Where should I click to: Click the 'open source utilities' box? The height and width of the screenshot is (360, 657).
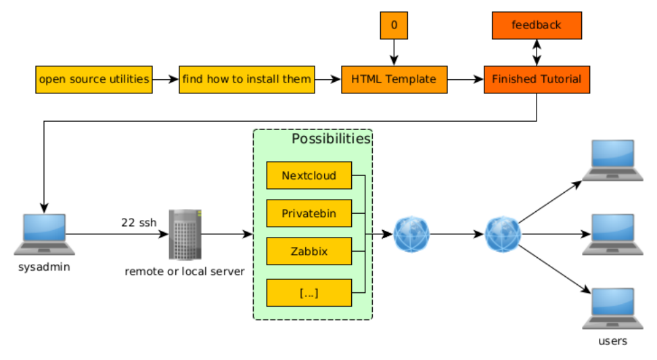click(94, 80)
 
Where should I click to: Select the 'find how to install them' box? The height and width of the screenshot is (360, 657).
click(247, 80)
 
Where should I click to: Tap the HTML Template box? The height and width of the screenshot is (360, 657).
click(394, 80)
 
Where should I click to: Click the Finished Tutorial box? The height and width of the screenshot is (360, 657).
click(537, 80)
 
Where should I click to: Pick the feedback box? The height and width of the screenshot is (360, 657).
click(537, 26)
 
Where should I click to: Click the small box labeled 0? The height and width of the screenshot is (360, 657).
click(394, 26)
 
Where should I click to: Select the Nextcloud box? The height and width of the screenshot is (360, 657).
click(309, 175)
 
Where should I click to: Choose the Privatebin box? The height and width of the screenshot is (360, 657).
click(309, 213)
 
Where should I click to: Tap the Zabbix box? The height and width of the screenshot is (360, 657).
click(309, 251)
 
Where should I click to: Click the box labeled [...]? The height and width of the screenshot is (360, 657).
click(309, 292)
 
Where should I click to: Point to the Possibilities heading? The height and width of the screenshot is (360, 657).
click(331, 139)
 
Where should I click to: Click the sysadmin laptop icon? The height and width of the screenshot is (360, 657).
click(45, 234)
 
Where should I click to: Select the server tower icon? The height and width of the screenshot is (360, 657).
click(185, 235)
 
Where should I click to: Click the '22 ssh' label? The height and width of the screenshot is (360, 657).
click(139, 223)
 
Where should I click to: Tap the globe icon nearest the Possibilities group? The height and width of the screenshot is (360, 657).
click(411, 234)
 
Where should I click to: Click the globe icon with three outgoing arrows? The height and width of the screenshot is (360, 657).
click(503, 234)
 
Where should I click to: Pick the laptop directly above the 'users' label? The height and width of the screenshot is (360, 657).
click(612, 309)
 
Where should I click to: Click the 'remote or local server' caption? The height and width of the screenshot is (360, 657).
click(184, 271)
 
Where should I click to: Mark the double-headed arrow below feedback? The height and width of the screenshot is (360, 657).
click(537, 52)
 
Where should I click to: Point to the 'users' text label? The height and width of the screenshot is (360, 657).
click(612, 341)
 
